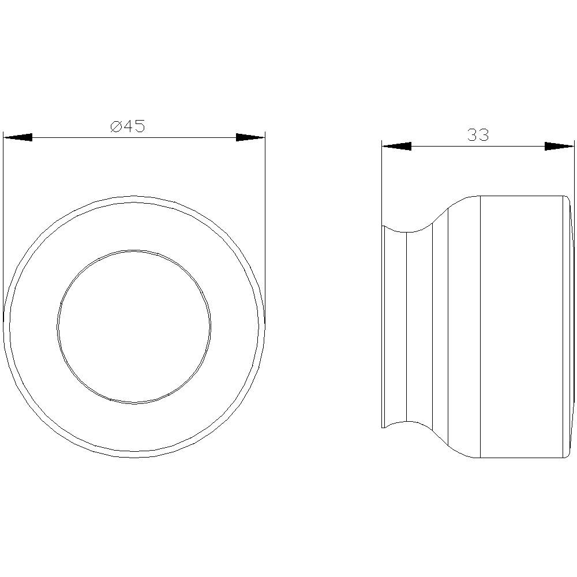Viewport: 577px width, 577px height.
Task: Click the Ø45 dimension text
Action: pos(128,126)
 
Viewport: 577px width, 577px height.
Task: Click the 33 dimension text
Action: pos(478,135)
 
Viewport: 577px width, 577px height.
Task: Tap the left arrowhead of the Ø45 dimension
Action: pos(18,137)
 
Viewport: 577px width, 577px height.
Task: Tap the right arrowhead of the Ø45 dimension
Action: pos(250,137)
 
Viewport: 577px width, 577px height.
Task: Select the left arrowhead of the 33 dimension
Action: pos(396,146)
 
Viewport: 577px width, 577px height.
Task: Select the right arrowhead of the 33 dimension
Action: pos(559,146)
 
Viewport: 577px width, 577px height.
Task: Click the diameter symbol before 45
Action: pos(116,126)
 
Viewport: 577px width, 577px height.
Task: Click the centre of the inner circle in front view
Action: pos(134,327)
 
